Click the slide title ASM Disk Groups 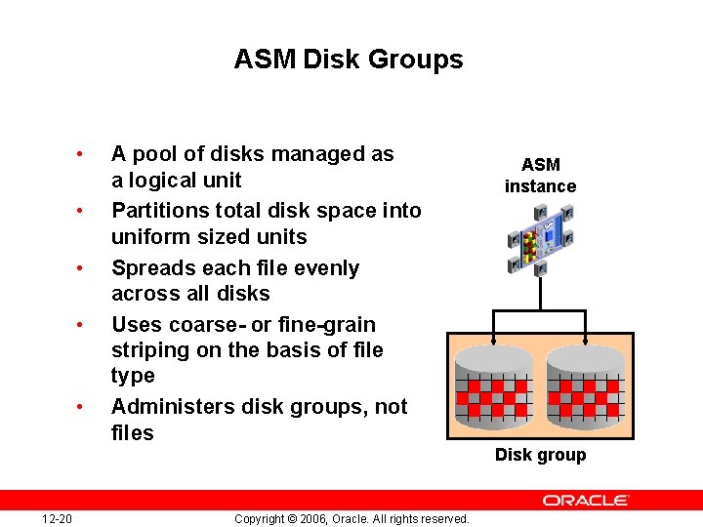(x=349, y=60)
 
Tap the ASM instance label (x=540, y=176)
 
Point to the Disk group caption (x=540, y=455)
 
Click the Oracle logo (x=586, y=500)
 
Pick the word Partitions (x=156, y=211)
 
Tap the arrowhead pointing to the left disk (x=495, y=342)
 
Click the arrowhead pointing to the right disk (x=585, y=342)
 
